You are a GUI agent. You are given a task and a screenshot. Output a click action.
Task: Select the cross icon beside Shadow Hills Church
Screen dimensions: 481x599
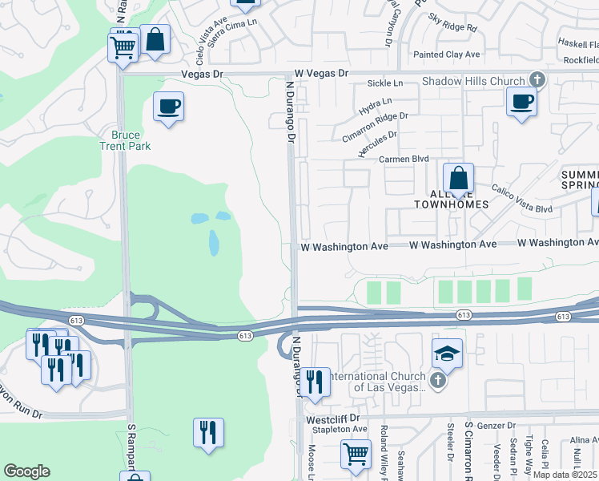click(x=537, y=80)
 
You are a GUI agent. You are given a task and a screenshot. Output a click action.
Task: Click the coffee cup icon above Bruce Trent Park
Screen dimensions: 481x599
click(x=169, y=107)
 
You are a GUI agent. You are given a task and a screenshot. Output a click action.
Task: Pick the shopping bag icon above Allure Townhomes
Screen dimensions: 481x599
click(x=458, y=178)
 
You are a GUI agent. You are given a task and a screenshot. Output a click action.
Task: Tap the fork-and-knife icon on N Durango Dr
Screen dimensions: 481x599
click(x=314, y=382)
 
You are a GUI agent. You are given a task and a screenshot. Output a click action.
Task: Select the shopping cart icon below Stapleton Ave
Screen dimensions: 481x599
click(x=356, y=455)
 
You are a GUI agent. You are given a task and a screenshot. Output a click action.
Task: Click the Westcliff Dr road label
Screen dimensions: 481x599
click(x=335, y=418)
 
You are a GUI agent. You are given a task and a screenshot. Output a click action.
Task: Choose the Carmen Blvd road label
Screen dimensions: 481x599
click(x=404, y=160)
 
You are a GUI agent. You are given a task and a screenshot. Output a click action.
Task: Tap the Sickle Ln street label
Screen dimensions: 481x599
click(x=384, y=83)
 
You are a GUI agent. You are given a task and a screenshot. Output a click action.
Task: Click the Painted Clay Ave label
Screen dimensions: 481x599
click(x=446, y=55)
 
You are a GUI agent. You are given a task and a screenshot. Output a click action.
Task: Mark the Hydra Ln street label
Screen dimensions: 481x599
click(x=376, y=103)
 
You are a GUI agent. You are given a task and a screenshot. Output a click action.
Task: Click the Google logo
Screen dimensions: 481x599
click(x=26, y=471)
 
